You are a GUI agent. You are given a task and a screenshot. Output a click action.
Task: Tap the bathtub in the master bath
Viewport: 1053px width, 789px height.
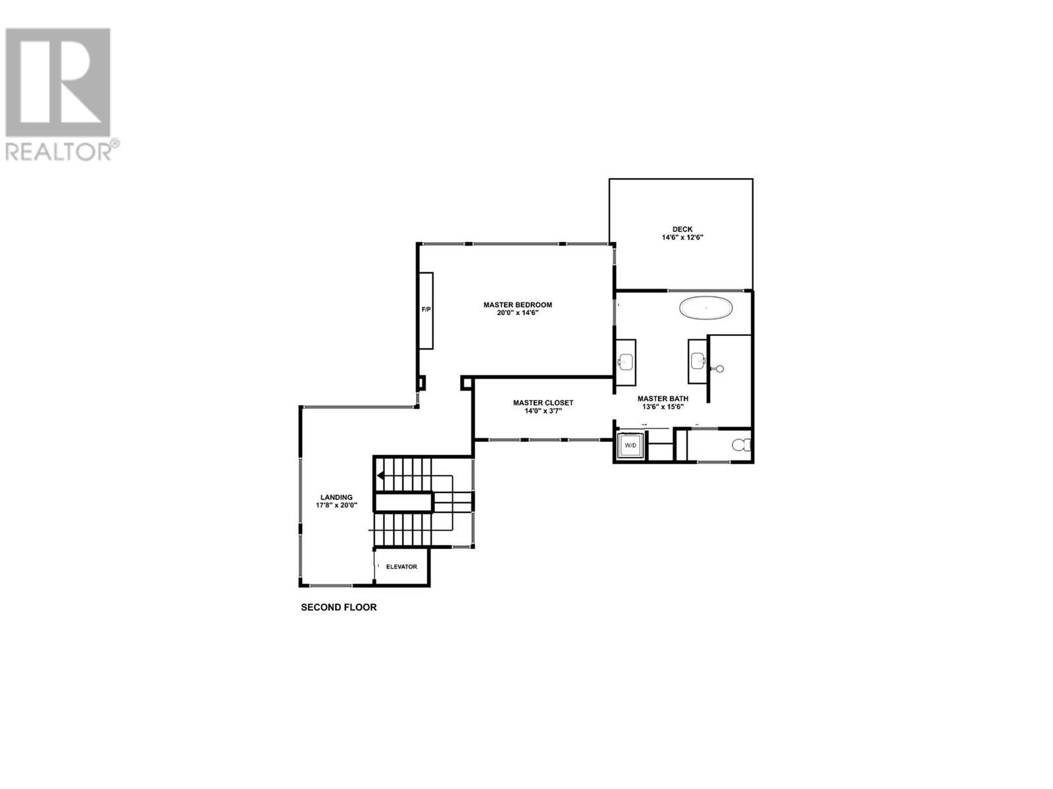tap(706, 308)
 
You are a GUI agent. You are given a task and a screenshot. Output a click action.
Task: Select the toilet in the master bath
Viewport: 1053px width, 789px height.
tap(742, 446)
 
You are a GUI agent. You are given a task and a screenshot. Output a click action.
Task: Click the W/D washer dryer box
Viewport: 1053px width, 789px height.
tap(630, 446)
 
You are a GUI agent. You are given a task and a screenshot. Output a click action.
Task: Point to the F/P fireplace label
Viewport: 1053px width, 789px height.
tap(426, 309)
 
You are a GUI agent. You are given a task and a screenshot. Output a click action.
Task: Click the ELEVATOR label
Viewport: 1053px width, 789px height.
tap(401, 567)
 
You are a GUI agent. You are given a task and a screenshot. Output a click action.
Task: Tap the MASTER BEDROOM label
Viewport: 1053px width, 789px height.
tap(517, 305)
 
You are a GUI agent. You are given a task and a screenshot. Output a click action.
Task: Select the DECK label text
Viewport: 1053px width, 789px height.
tap(682, 229)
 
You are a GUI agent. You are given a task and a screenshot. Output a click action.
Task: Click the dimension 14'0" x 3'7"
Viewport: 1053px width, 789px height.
tap(543, 411)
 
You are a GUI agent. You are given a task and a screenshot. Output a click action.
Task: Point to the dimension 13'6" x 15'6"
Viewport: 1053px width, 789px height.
tap(663, 406)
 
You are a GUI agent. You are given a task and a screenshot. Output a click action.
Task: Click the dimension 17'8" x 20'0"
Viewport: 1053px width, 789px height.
tap(336, 506)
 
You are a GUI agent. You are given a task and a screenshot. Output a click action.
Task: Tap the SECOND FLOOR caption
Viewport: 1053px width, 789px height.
tap(339, 608)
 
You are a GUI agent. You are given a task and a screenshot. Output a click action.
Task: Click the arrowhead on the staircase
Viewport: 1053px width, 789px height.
tap(380, 475)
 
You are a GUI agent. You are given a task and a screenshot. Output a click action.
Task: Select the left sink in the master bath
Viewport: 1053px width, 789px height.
tap(625, 361)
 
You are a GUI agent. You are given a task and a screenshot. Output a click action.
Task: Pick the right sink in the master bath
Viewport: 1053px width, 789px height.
tap(698, 359)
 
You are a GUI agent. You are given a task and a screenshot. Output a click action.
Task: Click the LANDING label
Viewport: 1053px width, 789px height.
tap(336, 497)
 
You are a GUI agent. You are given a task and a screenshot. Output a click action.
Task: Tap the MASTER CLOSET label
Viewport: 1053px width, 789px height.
tap(543, 402)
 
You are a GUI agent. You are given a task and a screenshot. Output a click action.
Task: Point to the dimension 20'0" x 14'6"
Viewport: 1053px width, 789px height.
tap(517, 314)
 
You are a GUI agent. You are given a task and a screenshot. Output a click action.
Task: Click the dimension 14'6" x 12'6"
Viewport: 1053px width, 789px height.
tap(682, 237)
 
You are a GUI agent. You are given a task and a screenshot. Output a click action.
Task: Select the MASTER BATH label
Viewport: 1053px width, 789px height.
tap(663, 398)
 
